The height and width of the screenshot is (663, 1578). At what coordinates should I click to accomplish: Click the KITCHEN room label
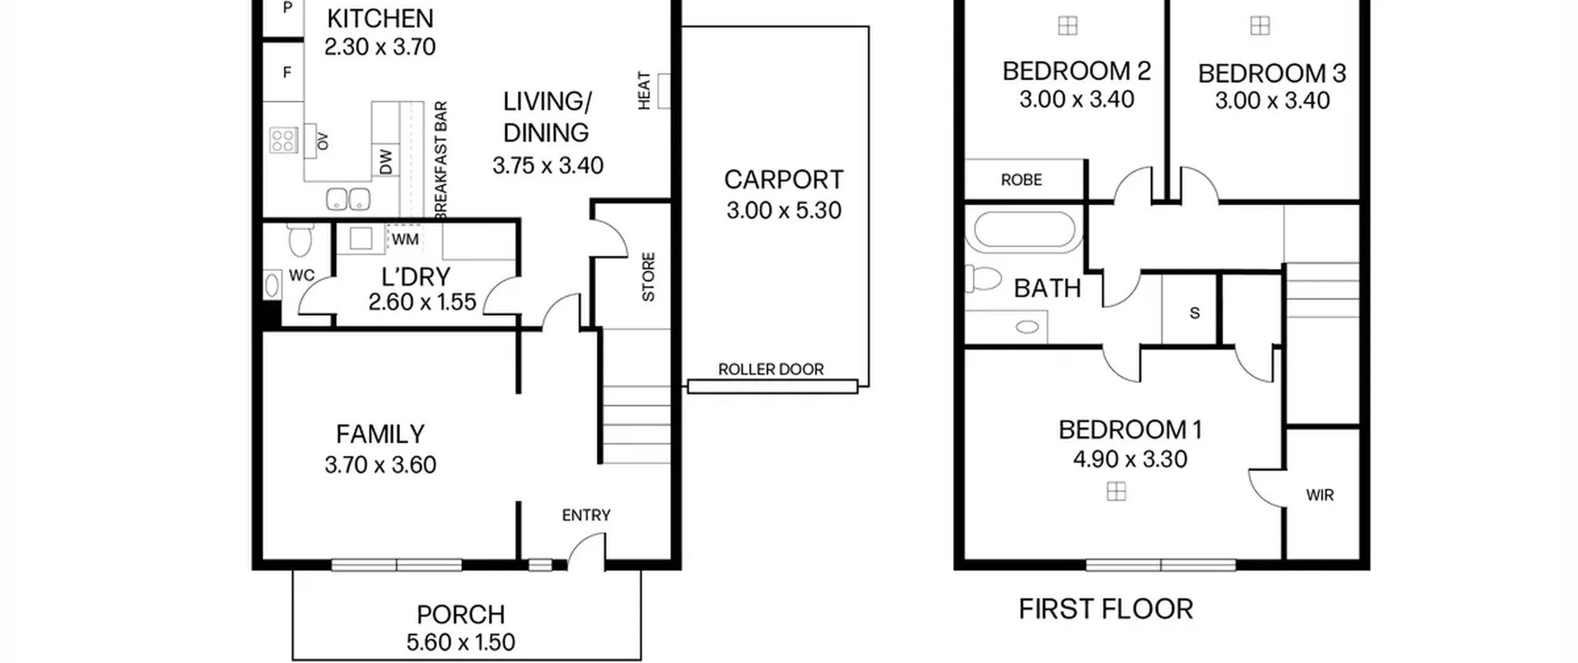coord(380,19)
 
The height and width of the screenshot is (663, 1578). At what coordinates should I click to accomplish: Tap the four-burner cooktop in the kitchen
coord(283,140)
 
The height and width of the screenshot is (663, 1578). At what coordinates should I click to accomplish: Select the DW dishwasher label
coord(386,162)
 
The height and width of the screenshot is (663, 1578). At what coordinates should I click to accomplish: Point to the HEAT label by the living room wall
coord(644,91)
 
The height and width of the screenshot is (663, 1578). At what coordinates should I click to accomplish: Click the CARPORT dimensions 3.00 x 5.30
coord(783,210)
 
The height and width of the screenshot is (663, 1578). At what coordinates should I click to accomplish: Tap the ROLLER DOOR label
coord(771,369)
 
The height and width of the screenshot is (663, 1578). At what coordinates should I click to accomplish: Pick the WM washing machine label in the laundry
coord(405,239)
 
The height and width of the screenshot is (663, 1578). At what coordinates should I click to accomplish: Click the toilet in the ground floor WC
coord(300,241)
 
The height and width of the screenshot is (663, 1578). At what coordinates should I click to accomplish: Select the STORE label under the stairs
coord(648,277)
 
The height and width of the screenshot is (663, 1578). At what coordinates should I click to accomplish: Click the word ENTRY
coord(586,515)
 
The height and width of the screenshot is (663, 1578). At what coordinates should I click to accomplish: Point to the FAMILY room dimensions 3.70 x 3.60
coord(380,465)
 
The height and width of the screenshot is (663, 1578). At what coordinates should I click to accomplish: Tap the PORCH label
coord(461,615)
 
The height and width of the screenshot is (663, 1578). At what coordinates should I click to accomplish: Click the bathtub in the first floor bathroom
coord(1024,230)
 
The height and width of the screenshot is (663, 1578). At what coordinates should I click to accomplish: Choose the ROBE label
coord(1021,180)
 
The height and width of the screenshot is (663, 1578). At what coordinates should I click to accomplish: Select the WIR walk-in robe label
coord(1320,495)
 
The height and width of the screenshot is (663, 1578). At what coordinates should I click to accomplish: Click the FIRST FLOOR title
coord(1106,609)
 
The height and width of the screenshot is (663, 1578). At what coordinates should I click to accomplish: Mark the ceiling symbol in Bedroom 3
coord(1260,26)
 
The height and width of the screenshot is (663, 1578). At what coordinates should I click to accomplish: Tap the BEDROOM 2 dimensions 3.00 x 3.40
coord(1077,99)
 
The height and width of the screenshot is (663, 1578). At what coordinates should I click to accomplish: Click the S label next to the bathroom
coord(1195,313)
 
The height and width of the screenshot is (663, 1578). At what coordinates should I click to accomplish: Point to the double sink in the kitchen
coord(348,199)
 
